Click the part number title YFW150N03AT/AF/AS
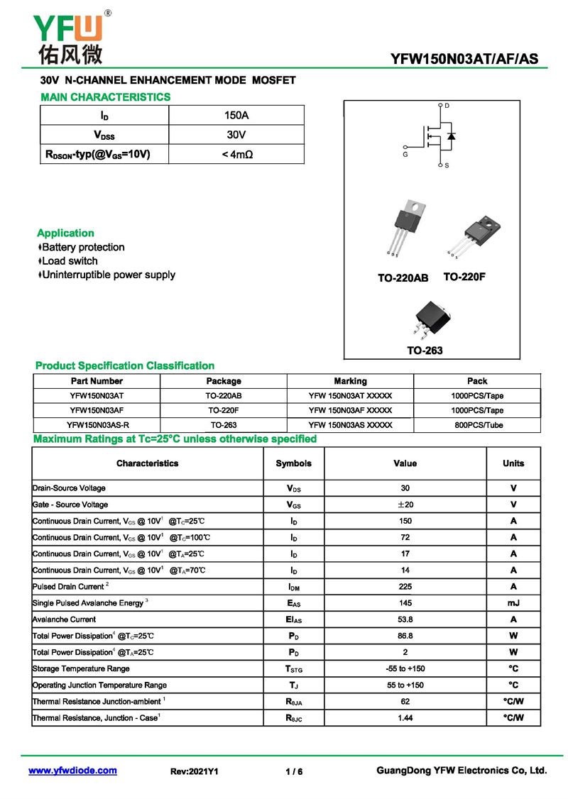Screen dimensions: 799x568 [464, 59]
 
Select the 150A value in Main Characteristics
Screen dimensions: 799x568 [236, 115]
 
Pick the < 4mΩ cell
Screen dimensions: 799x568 [236, 154]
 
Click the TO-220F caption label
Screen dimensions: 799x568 [464, 277]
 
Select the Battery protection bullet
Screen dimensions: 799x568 [81, 248]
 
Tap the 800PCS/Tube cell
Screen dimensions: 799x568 [477, 425]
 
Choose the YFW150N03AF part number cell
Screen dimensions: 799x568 [97, 410]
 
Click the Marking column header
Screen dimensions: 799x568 [350, 381]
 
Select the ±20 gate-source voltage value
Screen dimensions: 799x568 [405, 505]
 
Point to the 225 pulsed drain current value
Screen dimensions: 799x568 [405, 587]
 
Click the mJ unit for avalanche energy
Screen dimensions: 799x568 [513, 603]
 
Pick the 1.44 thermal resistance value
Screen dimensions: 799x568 [405, 718]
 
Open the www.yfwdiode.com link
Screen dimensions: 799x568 [72, 771]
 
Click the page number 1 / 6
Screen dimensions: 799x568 [294, 771]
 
